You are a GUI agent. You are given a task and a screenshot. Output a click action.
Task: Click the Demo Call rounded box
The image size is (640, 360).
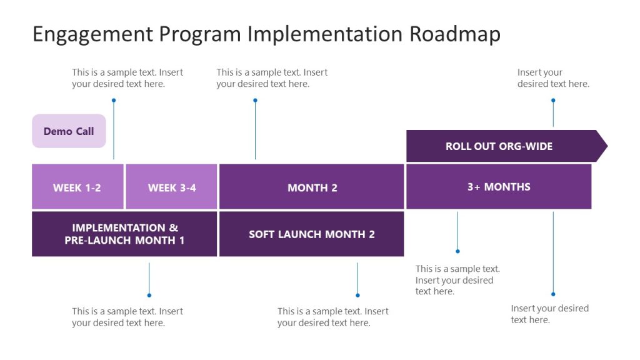[69, 131]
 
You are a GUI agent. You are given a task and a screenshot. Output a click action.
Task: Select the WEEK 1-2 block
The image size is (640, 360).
[77, 187]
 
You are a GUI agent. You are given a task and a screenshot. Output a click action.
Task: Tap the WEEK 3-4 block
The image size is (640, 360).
[171, 187]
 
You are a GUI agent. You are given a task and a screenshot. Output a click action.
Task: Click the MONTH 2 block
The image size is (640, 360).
[312, 187]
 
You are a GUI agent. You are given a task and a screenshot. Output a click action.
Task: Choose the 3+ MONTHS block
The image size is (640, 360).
[499, 186]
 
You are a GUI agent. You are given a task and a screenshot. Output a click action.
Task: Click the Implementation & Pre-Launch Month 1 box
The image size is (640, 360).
[124, 234]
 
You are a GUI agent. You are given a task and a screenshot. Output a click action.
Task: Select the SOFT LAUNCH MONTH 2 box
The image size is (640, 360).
[312, 234]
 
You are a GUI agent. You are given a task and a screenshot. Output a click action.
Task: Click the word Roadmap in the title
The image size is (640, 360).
[455, 34]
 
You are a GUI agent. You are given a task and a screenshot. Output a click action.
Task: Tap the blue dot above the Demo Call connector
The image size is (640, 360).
[114, 100]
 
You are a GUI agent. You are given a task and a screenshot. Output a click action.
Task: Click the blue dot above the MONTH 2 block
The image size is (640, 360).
[255, 100]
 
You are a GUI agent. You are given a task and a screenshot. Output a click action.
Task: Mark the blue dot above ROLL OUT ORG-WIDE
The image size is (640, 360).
[553, 100]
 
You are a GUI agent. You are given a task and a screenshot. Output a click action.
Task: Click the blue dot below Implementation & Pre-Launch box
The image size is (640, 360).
[149, 295]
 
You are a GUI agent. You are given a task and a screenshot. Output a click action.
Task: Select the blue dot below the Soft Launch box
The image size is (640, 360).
[357, 295]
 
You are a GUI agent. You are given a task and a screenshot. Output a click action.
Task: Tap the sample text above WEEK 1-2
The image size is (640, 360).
[127, 78]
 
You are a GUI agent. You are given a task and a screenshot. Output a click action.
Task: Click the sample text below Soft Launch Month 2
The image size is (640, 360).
[332, 317]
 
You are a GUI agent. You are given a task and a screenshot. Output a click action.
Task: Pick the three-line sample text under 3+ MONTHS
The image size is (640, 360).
[457, 280]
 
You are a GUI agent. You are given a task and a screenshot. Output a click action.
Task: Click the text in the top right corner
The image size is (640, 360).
[552, 78]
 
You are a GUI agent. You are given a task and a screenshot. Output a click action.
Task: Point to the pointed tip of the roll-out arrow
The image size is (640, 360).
[605, 146]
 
